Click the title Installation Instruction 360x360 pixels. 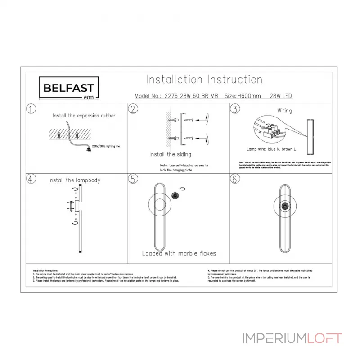click(204, 80)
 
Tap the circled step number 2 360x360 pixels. click(133, 109)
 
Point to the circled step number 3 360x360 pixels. click(235, 109)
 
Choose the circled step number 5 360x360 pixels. click(133, 179)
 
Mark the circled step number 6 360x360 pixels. click(235, 179)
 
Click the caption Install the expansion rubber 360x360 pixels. click(84, 116)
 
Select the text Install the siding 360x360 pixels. click(170, 154)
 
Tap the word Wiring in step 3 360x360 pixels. click(284, 111)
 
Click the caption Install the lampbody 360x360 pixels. click(74, 180)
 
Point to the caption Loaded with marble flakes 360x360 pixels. click(179, 253)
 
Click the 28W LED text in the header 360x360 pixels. click(281, 96)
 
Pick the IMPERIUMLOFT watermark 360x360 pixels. click(292, 338)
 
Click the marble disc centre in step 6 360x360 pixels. click(284, 207)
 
